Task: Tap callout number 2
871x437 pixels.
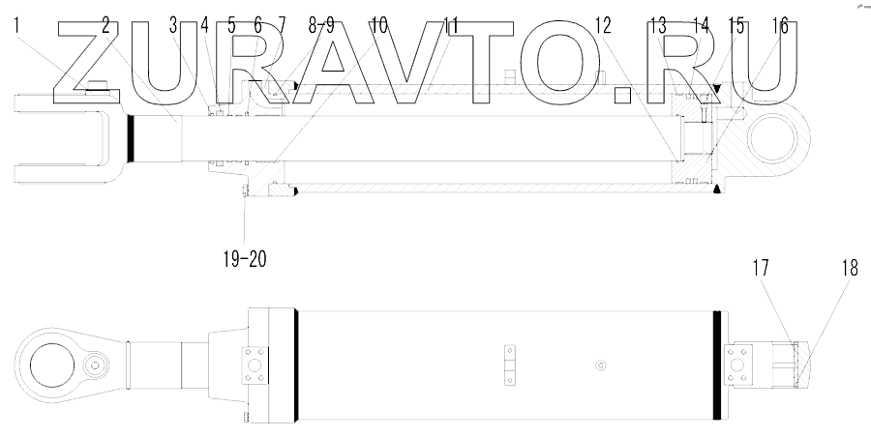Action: point(105,27)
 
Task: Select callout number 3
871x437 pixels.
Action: point(173,27)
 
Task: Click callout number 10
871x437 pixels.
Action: point(377,27)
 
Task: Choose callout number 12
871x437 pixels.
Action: point(603,27)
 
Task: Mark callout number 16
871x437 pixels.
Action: point(779,27)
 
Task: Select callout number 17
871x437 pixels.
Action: point(762,270)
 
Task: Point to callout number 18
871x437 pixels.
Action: point(850,270)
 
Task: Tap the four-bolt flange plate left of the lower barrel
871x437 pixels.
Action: point(254,366)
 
